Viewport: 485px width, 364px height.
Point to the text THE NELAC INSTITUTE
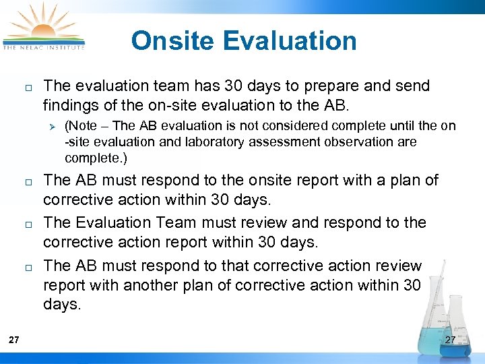click(44, 47)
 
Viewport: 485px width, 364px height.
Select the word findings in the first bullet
click(69, 105)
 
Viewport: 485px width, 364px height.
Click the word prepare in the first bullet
click(311, 86)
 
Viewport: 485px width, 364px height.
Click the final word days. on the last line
click(62, 305)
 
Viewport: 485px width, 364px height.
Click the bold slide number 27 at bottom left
click(14, 340)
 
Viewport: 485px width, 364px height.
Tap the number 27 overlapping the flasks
click(451, 340)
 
